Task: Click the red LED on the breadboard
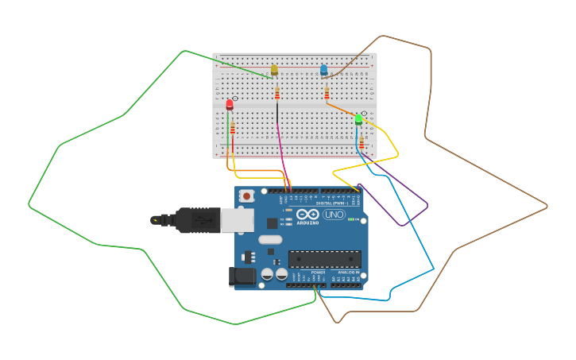pyautogui.click(x=230, y=104)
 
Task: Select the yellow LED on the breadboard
pyautogui.click(x=274, y=70)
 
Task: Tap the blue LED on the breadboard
pyautogui.click(x=323, y=70)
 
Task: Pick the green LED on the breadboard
pyautogui.click(x=358, y=119)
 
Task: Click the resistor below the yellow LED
pyautogui.click(x=276, y=94)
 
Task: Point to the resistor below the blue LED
pyautogui.click(x=327, y=94)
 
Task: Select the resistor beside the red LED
pyautogui.click(x=233, y=128)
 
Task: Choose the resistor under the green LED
pyautogui.click(x=361, y=142)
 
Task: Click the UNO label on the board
pyautogui.click(x=334, y=215)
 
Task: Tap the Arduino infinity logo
pyautogui.click(x=307, y=214)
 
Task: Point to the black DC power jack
pyautogui.click(x=242, y=277)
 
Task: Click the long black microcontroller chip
pyautogui.click(x=324, y=259)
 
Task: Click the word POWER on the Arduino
pyautogui.click(x=318, y=272)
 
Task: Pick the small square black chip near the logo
pyautogui.click(x=273, y=223)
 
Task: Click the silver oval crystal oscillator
pyautogui.click(x=270, y=239)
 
